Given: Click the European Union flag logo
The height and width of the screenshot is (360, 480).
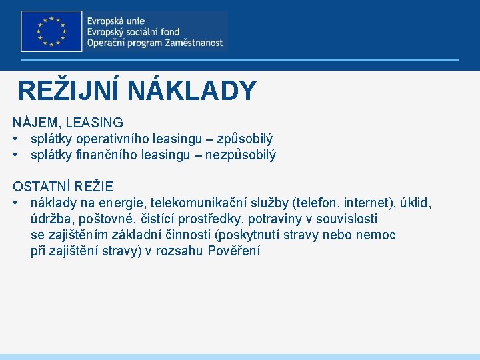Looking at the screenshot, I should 51,31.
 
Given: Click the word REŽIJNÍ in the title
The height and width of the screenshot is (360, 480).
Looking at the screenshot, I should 69,91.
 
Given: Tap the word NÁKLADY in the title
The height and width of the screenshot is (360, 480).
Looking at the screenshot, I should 192,91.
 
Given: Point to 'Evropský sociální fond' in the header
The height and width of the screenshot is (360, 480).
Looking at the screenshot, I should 133,31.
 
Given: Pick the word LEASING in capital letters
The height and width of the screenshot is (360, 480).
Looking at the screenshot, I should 95,123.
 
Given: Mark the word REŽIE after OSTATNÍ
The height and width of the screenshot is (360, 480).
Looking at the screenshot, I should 96,186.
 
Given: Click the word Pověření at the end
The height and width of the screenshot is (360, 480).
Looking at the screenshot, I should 234,251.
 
